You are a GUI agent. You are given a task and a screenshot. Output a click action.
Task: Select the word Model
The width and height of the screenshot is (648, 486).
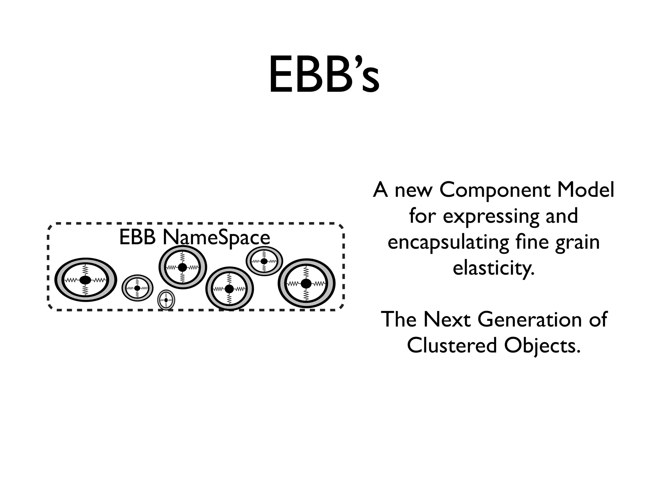click(x=585, y=190)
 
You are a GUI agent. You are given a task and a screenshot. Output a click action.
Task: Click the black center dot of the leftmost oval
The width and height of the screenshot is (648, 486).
click(x=85, y=280)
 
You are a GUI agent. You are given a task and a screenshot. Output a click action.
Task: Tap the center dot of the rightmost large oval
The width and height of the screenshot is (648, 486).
click(x=306, y=283)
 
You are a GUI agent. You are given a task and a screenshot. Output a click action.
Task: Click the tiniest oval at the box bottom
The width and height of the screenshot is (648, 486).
click(x=166, y=300)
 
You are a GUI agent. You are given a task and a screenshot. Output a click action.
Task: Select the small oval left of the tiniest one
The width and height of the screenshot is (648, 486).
click(x=137, y=288)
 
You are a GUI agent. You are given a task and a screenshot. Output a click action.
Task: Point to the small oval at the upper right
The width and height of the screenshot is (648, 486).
click(x=264, y=261)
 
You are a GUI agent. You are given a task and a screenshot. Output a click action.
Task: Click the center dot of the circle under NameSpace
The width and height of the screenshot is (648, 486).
click(x=182, y=267)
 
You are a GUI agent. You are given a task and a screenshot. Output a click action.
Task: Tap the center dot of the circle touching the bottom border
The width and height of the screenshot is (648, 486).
click(x=229, y=289)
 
